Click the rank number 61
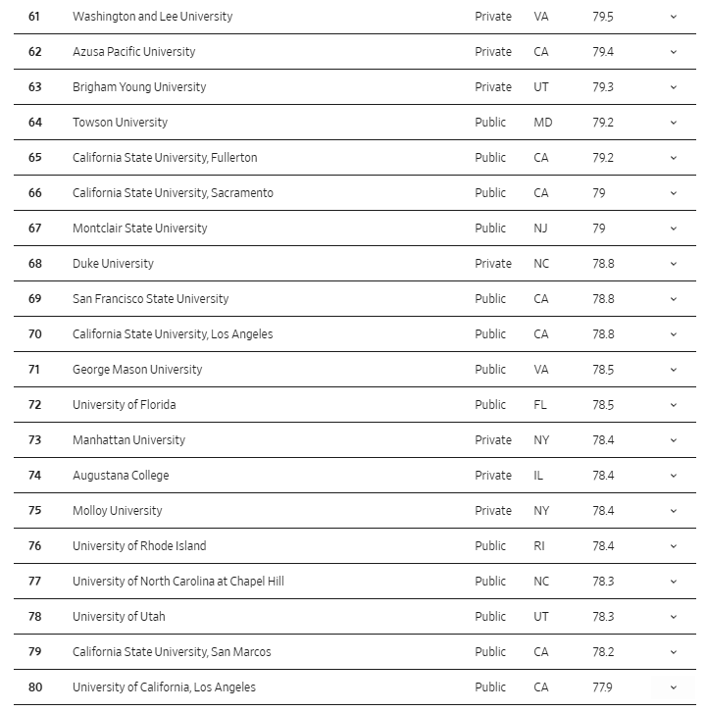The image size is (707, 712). pos(34,17)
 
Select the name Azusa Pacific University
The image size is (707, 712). pos(133,52)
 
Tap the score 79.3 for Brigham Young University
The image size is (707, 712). pos(603,87)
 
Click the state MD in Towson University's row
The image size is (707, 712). pos(543,123)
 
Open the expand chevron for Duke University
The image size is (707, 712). pos(674,264)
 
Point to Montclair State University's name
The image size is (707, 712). pos(140,229)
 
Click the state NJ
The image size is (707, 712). pos(540,229)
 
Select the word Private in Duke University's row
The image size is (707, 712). pos(493,264)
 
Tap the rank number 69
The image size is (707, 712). pos(34,299)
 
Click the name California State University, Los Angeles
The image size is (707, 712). pos(173,334)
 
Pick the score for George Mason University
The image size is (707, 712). pos(603,370)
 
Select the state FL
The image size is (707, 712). pos(540,405)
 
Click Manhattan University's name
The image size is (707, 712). pos(128,440)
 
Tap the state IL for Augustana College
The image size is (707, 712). pos(538,476)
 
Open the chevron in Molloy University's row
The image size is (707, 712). pos(674,511)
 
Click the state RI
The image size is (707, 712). pos(539,546)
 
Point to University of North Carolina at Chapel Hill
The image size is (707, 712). pos(178,582)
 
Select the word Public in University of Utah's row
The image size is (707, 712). pos(490,617)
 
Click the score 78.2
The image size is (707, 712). pos(603,652)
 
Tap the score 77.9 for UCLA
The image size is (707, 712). pos(603,687)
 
